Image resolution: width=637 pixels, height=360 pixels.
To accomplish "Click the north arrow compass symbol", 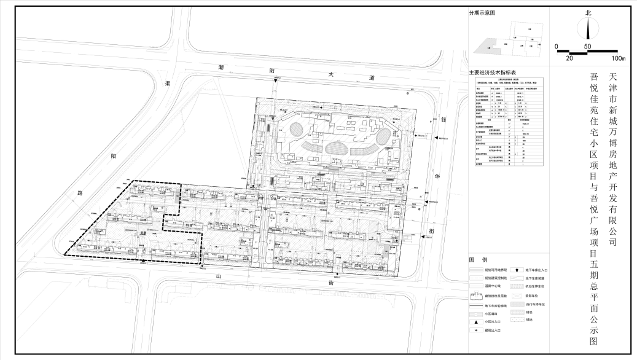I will coord(588,28).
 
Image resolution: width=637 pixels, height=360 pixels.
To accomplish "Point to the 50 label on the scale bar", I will coord(587,47).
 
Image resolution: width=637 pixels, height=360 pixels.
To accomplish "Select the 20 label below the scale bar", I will coord(569,58).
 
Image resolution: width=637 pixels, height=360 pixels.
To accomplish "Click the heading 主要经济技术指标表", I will coord(493,72).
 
